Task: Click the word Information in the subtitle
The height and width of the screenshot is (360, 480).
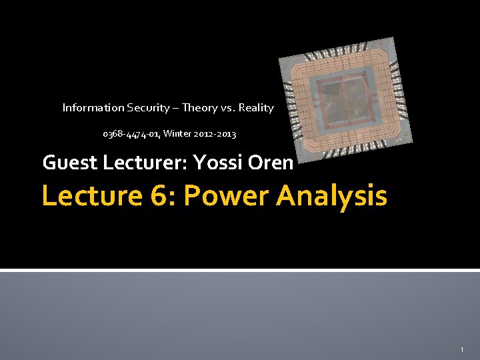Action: pyautogui.click(x=93, y=107)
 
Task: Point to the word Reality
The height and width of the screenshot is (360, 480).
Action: pyautogui.click(x=256, y=107)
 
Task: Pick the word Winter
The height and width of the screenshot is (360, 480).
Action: pyautogui.click(x=177, y=134)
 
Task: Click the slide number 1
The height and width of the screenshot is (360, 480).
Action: pyautogui.click(x=461, y=350)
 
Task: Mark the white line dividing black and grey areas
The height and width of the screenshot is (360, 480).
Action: pyautogui.click(x=240, y=270)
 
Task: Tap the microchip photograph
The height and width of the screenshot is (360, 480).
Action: pyautogui.click(x=345, y=99)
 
